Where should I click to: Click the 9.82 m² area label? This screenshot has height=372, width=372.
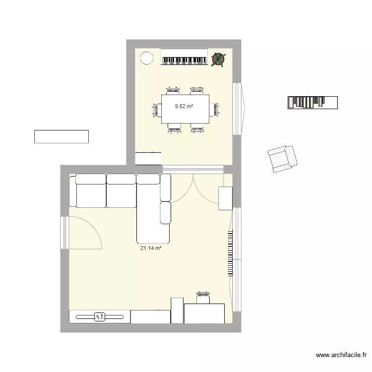pos(184,106)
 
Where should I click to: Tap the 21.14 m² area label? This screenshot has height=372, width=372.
pos(151,248)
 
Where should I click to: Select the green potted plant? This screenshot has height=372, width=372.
pos(218,60)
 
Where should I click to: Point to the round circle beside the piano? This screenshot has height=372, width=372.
pos(147,59)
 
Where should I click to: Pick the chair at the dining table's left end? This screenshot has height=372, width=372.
pos(155,110)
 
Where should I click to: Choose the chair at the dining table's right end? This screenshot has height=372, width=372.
pos(214,110)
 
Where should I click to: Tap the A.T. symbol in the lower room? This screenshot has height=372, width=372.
pos(99,316)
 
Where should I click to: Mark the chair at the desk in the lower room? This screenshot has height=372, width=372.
pos(203,298)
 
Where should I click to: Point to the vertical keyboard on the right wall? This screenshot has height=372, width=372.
pos(230,252)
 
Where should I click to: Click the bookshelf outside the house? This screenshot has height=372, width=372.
pos(312,102)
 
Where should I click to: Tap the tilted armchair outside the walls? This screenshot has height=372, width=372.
pos(282,159)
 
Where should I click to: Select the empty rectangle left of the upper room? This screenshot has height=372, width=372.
pos(61,136)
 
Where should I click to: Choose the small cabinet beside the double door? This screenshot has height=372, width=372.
pos(226,198)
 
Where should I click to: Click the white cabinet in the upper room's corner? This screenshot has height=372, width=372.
pos(148,158)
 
